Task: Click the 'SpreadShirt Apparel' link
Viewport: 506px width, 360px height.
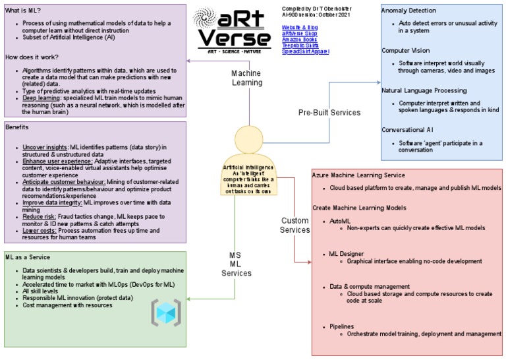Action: click(x=305, y=51)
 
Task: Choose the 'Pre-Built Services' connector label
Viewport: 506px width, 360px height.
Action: click(x=329, y=113)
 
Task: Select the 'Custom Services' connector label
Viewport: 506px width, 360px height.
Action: click(x=295, y=225)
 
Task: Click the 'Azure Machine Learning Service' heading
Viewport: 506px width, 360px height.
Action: click(x=368, y=175)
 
